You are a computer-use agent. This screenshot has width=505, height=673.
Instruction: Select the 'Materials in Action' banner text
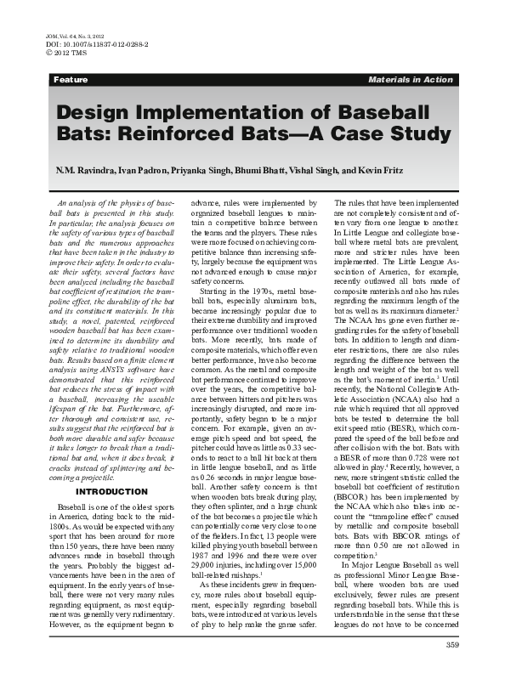pos(411,79)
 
